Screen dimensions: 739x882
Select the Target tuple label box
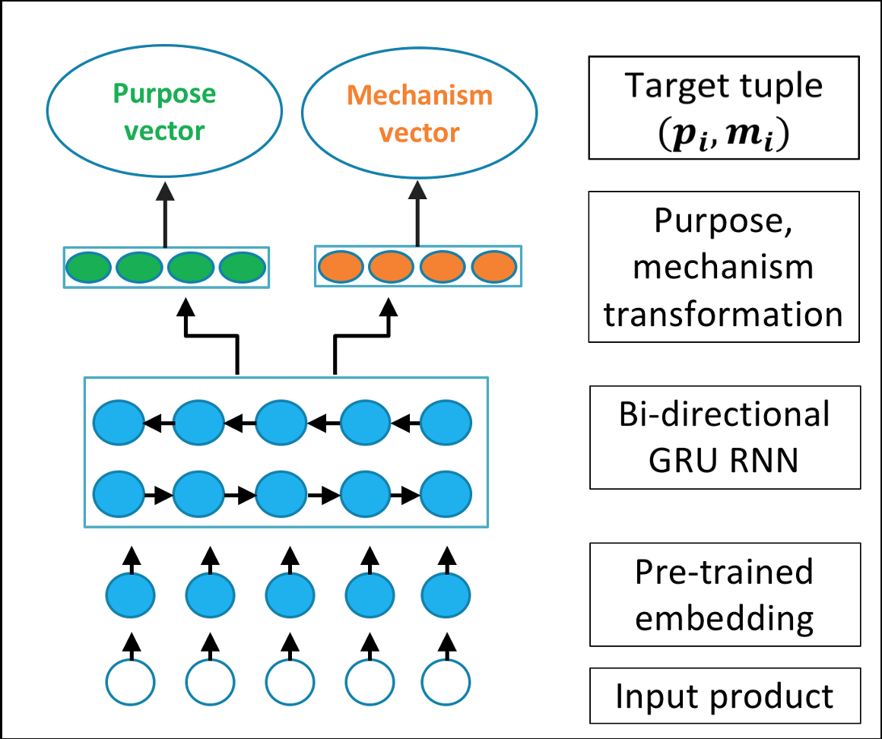pyautogui.click(x=724, y=107)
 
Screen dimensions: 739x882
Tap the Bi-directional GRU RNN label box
pyautogui.click(x=725, y=437)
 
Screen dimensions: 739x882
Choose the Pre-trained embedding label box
pyautogui.click(x=725, y=595)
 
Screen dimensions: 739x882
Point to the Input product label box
pyautogui.click(x=725, y=696)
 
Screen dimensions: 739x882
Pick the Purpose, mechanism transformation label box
pyautogui.click(x=724, y=267)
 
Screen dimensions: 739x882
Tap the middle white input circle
pyautogui.click(x=290, y=682)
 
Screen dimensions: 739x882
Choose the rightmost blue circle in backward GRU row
pyautogui.click(x=446, y=420)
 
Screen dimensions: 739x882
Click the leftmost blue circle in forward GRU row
pyautogui.click(x=118, y=494)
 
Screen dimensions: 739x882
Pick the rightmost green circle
pyautogui.click(x=243, y=268)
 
